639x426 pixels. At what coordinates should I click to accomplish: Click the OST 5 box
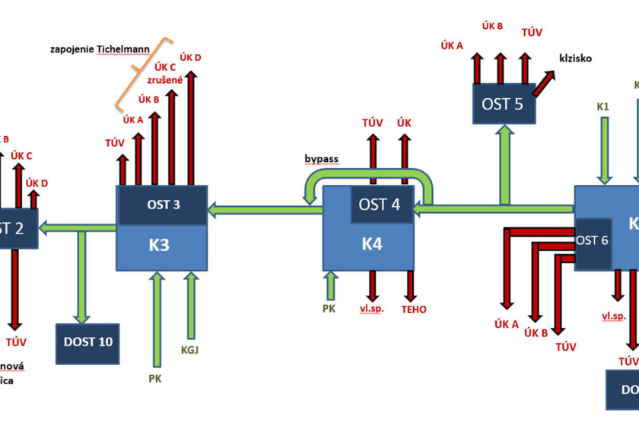coord(502,103)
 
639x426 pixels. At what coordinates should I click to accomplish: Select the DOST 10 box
coord(88,342)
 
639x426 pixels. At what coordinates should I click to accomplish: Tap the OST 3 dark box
coord(161,205)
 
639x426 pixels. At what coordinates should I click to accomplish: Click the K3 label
coord(161,246)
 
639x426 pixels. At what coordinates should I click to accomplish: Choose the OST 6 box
coord(593,241)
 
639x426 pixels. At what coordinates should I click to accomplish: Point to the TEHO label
coord(415,310)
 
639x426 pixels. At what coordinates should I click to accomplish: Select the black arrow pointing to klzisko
coord(543,83)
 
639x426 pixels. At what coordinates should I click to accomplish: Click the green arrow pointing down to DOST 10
coord(81,275)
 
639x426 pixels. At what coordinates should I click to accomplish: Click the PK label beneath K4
coord(329,308)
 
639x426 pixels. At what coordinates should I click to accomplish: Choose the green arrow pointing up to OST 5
coord(502,164)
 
